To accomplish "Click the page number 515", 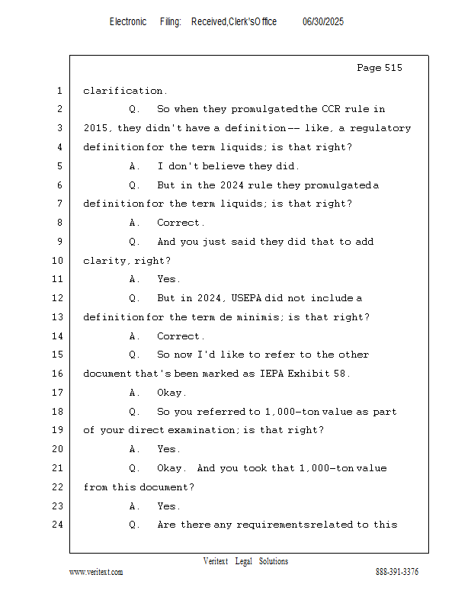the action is click(x=393, y=68).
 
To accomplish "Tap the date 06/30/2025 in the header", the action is click(x=323, y=22).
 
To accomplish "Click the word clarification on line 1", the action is click(x=123, y=91).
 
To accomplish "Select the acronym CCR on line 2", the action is click(x=331, y=109).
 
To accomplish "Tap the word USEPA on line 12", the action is click(x=246, y=298).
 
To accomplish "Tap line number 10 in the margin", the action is click(x=58, y=260).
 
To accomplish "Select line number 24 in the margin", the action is click(x=58, y=525).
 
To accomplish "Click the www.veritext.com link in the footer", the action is click(x=96, y=572).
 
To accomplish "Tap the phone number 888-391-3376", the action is click(x=397, y=572).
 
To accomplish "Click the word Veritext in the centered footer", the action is click(x=216, y=561).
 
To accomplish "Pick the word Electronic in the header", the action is click(x=128, y=22).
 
